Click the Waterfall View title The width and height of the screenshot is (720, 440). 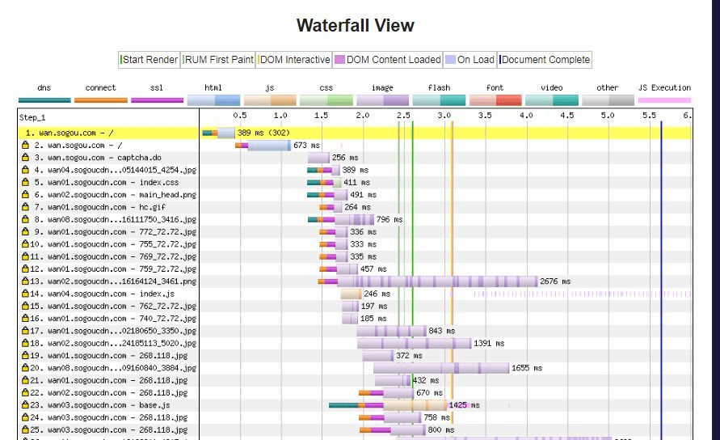[x=355, y=25]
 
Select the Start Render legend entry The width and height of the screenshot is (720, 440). [x=150, y=60]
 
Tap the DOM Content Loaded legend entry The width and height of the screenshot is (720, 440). [x=388, y=60]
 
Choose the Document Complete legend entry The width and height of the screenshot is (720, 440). [x=545, y=60]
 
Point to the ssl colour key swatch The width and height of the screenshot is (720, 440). [x=157, y=100]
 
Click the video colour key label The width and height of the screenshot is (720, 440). [x=551, y=87]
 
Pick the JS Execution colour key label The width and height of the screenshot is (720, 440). [x=664, y=87]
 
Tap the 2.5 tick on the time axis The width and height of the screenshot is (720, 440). [x=403, y=116]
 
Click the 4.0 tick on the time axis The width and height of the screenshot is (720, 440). [x=526, y=116]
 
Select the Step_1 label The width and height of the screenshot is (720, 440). [x=32, y=117]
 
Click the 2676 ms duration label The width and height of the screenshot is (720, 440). [x=555, y=281]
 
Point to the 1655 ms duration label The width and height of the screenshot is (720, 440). [x=527, y=368]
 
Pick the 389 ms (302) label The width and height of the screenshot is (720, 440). [x=263, y=133]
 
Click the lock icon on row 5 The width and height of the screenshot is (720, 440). [x=25, y=183]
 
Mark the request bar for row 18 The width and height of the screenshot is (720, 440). [x=414, y=344]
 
